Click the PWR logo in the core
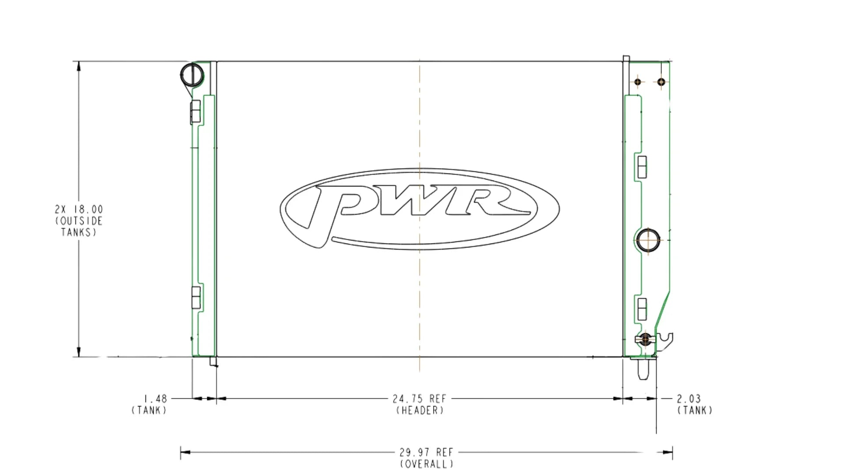[x=420, y=209]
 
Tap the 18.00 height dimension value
[x=91, y=209]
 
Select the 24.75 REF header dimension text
[x=419, y=399]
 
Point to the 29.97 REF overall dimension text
[x=426, y=452]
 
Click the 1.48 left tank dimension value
[x=155, y=399]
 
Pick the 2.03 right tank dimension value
[x=689, y=399]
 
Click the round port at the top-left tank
[x=192, y=75]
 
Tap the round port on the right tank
[x=647, y=240]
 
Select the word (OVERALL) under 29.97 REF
[x=426, y=464]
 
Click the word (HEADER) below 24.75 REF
[x=420, y=410]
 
